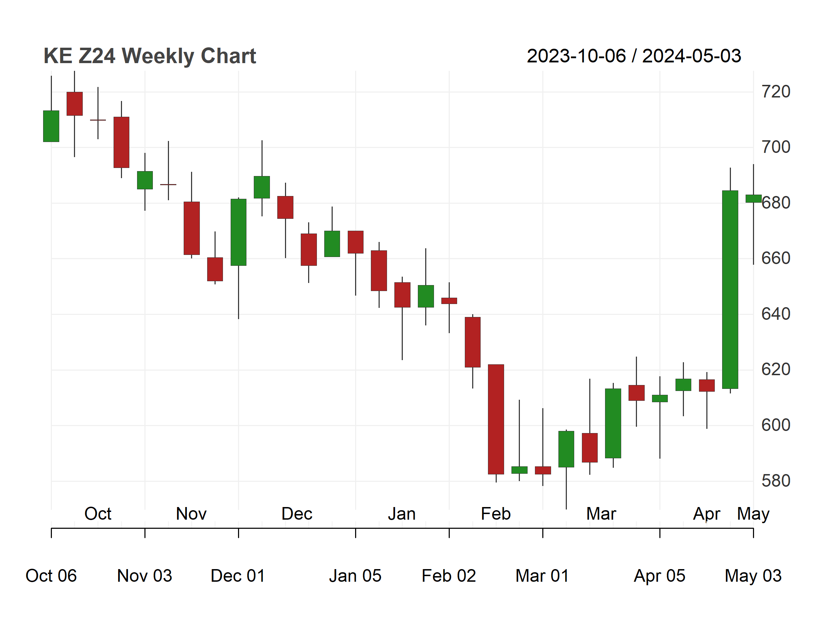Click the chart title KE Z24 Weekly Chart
click(x=150, y=56)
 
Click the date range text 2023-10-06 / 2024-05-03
click(x=634, y=56)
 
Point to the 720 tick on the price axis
click(x=776, y=92)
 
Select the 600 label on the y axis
click(x=776, y=425)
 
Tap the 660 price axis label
click(x=776, y=258)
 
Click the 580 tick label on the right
click(x=776, y=481)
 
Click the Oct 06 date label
click(x=51, y=576)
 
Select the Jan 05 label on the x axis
click(x=355, y=576)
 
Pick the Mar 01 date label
click(x=542, y=576)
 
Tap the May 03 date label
click(x=753, y=576)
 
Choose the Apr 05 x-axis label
click(x=659, y=576)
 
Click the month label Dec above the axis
click(x=297, y=514)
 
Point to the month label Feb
click(x=496, y=514)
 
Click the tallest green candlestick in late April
click(x=730, y=289)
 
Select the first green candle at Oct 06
click(x=51, y=126)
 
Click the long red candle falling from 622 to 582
click(x=496, y=419)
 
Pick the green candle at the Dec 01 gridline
click(x=238, y=232)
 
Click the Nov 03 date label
click(x=145, y=576)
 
